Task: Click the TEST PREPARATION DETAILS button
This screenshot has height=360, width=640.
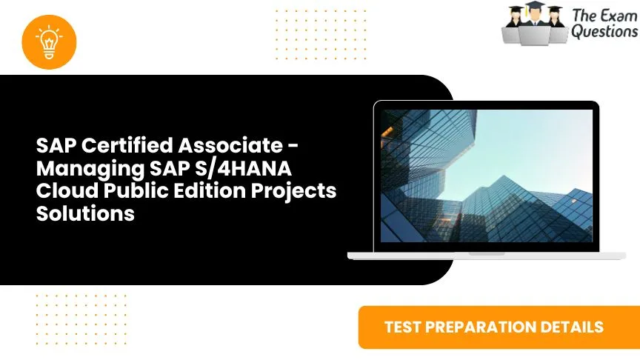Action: point(493,327)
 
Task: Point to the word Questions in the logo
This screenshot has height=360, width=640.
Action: point(604,32)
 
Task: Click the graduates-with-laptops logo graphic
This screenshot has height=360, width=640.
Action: point(533,24)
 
